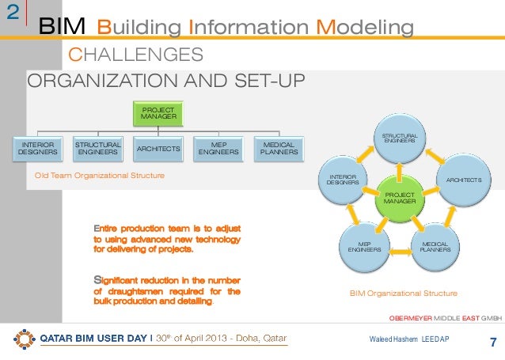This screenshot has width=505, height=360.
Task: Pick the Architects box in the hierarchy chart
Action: [x=158, y=148]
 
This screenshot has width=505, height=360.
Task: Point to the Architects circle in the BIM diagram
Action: [x=463, y=180]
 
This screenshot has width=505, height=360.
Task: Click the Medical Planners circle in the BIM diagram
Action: [x=435, y=245]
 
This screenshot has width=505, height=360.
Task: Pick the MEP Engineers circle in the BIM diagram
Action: [x=365, y=245]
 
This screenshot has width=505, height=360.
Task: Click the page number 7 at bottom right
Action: [x=493, y=343]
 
